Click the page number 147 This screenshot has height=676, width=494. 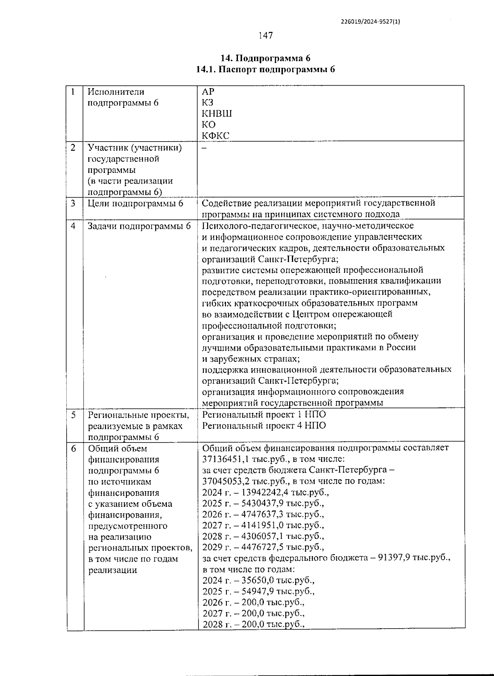(266, 36)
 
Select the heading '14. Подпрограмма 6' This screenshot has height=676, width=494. (266, 58)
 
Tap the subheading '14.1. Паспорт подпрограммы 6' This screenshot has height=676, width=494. (266, 69)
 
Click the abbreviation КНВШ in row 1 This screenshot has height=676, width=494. (217, 114)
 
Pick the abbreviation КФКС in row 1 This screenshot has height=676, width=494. (215, 135)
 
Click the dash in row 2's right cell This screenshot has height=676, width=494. (204, 148)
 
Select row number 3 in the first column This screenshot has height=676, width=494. (73, 203)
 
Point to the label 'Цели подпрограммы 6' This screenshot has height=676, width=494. (135, 203)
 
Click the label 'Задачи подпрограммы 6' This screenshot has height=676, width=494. (139, 226)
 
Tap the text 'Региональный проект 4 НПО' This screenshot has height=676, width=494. (264, 426)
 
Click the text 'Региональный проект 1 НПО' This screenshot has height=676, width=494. (264, 415)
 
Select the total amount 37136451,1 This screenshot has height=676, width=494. (226, 459)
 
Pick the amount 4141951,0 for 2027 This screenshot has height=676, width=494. (263, 525)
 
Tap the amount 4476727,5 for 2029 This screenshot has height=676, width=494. (263, 548)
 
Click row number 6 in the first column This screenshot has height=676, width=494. (74, 448)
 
